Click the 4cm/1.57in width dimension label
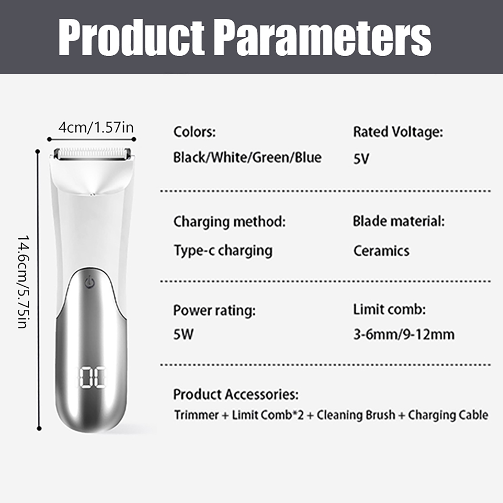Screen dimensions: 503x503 [x=96, y=128]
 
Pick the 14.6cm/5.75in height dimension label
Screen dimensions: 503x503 [x=23, y=282]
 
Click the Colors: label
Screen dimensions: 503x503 [x=195, y=132]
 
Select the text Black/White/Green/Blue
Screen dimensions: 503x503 [x=247, y=157]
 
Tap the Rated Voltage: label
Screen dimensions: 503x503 [x=398, y=132]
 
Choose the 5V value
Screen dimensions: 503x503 [x=361, y=159]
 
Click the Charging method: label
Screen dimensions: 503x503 [x=229, y=222]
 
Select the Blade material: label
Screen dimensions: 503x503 [x=399, y=221]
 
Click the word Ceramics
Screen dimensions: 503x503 [x=381, y=251]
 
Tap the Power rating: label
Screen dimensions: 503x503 [x=214, y=311]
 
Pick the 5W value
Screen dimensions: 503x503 [x=183, y=334]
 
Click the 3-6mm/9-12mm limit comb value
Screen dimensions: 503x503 [x=404, y=334]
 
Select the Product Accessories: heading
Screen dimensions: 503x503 [x=236, y=394]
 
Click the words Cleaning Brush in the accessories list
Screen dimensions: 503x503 [x=356, y=415]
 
